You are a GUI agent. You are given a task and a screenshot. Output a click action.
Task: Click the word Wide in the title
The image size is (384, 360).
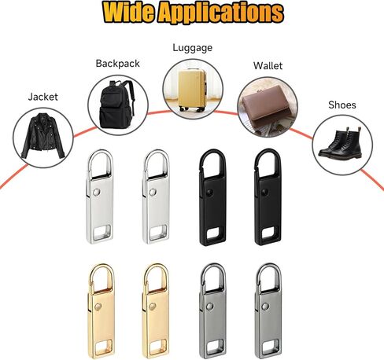tap(130, 12)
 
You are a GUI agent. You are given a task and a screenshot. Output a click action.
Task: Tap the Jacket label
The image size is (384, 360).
tap(43, 97)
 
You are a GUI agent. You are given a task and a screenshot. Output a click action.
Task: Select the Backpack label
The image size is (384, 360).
tap(117, 64)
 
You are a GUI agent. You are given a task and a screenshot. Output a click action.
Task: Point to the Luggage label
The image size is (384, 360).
tap(192, 48)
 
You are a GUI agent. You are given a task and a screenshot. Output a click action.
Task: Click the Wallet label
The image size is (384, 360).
tap(268, 66)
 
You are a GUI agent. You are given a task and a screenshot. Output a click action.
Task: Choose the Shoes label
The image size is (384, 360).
tap(342, 105)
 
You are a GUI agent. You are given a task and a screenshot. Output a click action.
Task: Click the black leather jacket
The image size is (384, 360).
tap(42, 136)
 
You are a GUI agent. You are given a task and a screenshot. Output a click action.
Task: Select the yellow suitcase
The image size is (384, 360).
tap(192, 90)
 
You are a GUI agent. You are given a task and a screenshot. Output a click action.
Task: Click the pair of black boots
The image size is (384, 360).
tap(341, 143)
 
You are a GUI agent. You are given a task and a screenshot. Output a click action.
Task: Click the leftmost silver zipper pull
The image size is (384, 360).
tap(100, 197)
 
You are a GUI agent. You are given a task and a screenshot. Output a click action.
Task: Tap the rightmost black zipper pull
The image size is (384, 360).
tap(268, 197)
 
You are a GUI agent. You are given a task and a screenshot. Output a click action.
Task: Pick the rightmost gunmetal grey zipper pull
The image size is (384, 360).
tap(268, 310)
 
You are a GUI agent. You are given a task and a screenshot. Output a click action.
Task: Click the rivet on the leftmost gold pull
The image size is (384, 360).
tap(98, 307)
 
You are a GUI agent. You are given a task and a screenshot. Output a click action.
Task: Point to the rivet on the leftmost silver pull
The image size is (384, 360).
tap(97, 192)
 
